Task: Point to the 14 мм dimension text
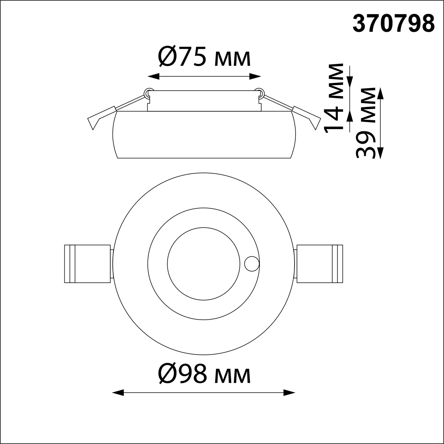333,98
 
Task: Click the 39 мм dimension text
366,123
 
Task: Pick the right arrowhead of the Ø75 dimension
255,77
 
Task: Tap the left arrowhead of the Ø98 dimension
118,393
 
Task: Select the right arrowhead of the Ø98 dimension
289,393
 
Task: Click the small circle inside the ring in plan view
252,264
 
